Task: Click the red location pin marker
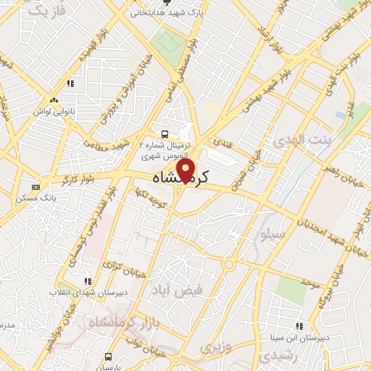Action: [187, 171]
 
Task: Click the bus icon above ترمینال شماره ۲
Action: [164, 133]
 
